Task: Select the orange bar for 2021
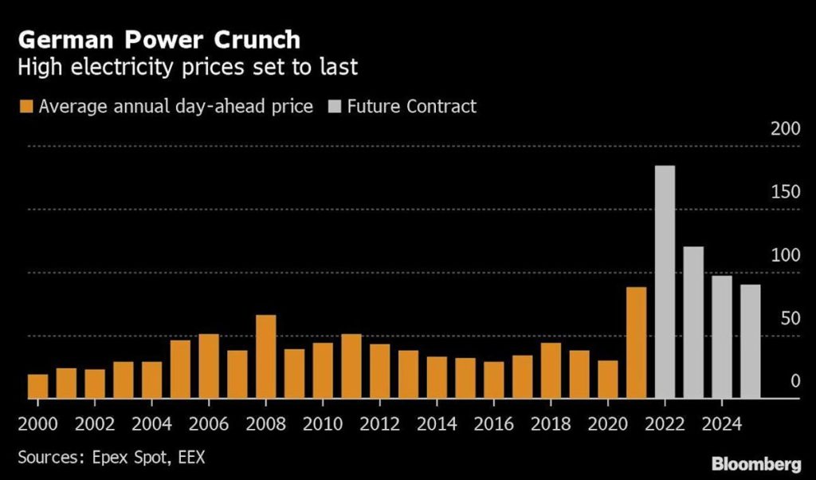(x=636, y=342)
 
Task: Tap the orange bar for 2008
(x=265, y=356)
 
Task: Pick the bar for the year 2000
(x=37, y=386)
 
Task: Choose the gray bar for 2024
(x=721, y=336)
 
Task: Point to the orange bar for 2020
(x=608, y=379)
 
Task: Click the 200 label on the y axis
(x=785, y=129)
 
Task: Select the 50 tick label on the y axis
(x=788, y=319)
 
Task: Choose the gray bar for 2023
(x=693, y=322)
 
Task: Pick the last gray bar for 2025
(x=750, y=341)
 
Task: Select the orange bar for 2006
(x=209, y=366)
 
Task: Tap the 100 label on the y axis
(x=785, y=256)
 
